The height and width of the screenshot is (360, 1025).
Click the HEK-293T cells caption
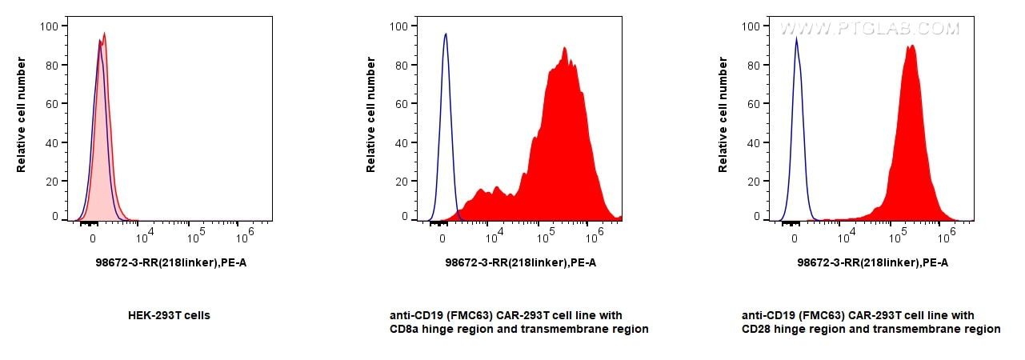click(x=169, y=315)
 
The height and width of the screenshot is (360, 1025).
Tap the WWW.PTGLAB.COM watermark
click(x=869, y=29)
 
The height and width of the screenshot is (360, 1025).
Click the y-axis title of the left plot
click(x=22, y=114)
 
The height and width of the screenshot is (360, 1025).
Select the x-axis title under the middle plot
click(x=521, y=262)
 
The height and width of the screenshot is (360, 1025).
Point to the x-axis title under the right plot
click(x=872, y=262)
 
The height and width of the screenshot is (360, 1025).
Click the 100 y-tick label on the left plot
click(x=48, y=26)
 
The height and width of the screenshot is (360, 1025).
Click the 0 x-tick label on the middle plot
click(x=442, y=238)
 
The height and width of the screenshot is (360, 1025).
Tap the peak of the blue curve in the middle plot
click(x=446, y=34)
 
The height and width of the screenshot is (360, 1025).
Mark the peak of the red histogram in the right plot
click(x=911, y=46)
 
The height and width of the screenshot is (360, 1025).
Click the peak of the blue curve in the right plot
click(x=796, y=38)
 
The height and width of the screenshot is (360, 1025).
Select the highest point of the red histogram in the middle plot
click(x=565, y=48)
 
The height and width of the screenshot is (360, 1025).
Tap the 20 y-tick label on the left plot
click(x=51, y=182)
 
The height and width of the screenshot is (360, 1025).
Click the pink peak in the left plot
click(x=105, y=34)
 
